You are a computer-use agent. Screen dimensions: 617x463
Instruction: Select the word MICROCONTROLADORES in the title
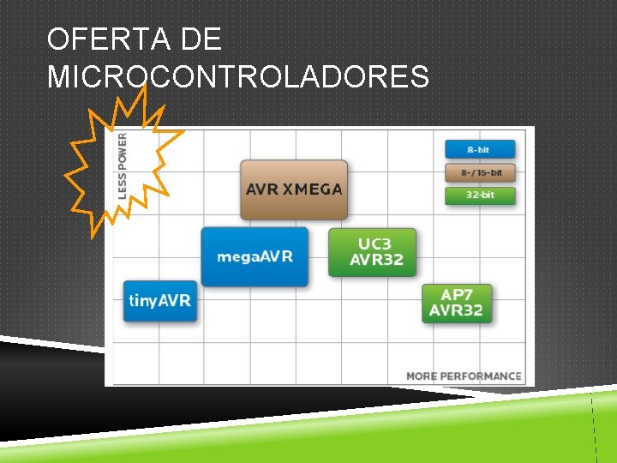(x=238, y=77)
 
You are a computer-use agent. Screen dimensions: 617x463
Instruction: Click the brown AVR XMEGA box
(x=294, y=189)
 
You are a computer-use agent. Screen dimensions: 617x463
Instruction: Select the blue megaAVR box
(x=255, y=256)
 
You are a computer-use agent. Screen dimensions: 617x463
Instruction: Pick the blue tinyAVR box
(x=160, y=301)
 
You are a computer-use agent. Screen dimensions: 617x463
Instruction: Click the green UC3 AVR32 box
(x=372, y=252)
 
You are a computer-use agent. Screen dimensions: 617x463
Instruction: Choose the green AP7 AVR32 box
(x=457, y=303)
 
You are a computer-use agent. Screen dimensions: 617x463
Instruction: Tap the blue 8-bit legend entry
(x=479, y=149)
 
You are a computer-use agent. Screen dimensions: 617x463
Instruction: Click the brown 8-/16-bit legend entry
(x=479, y=172)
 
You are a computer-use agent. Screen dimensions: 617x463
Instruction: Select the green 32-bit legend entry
(x=479, y=195)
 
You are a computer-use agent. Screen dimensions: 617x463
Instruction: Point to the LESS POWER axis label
(x=122, y=165)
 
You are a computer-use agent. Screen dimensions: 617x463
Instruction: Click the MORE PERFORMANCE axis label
(x=463, y=376)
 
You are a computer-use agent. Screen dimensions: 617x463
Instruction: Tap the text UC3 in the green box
(x=375, y=244)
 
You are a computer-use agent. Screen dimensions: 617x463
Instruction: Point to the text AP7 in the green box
(x=457, y=295)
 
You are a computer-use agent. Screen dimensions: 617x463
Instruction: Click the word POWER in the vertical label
(x=122, y=149)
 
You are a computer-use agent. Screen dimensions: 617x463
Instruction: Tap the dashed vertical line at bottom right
(x=594, y=429)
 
